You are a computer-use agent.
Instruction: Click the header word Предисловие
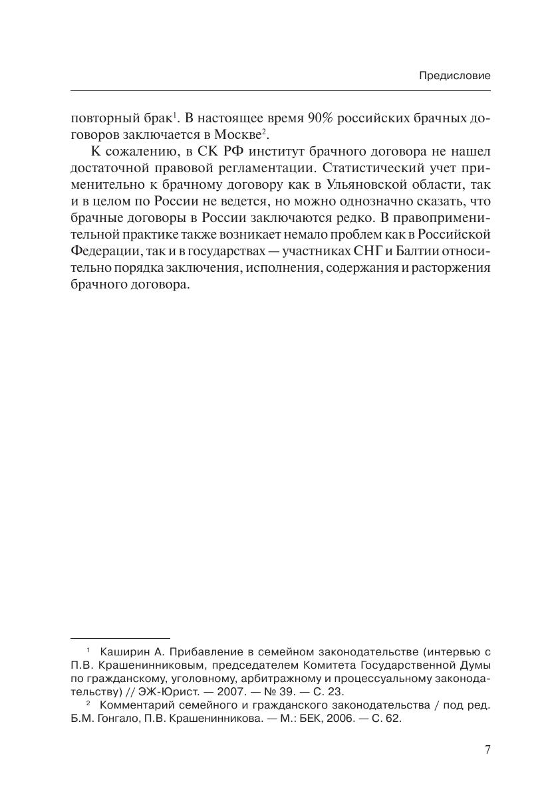tap(454, 76)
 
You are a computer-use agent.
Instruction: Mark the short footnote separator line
tap(120, 637)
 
